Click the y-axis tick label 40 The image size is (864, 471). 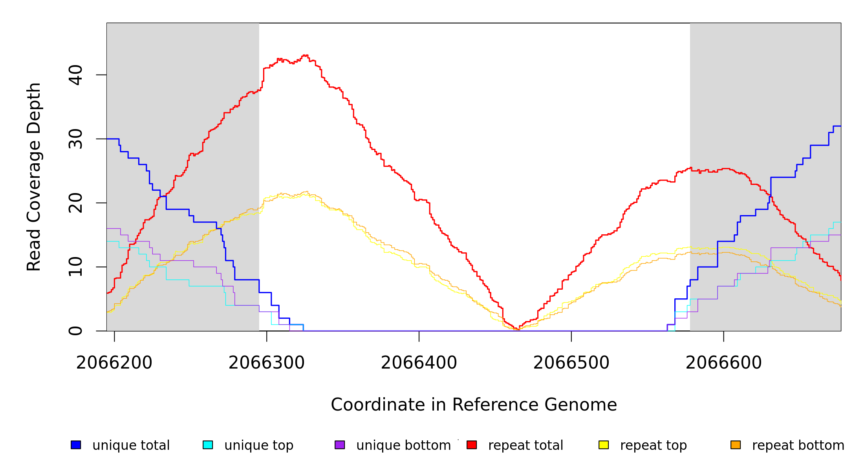[x=75, y=75]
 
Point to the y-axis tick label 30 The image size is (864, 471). [x=75, y=139]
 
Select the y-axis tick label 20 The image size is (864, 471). [x=75, y=203]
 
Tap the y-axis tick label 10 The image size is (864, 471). [x=75, y=267]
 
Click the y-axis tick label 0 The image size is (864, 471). [x=75, y=331]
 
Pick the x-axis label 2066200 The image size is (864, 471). [x=114, y=363]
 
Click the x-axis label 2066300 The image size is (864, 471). [x=267, y=363]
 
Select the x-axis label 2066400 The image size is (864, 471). [x=419, y=363]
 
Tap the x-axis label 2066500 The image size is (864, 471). [x=571, y=363]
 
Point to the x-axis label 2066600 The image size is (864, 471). [x=724, y=363]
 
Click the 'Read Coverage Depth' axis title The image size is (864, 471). [x=34, y=177]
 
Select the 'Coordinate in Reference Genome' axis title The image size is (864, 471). [x=474, y=405]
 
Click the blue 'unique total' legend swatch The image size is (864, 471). [x=76, y=445]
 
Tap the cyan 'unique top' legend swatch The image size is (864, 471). [x=208, y=445]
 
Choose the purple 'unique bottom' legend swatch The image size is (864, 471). [x=340, y=445]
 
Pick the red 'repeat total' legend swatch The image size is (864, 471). [x=472, y=445]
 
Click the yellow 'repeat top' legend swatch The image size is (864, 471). [x=604, y=445]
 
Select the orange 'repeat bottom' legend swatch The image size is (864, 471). [x=736, y=445]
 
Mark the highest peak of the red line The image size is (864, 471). [x=305, y=55]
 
